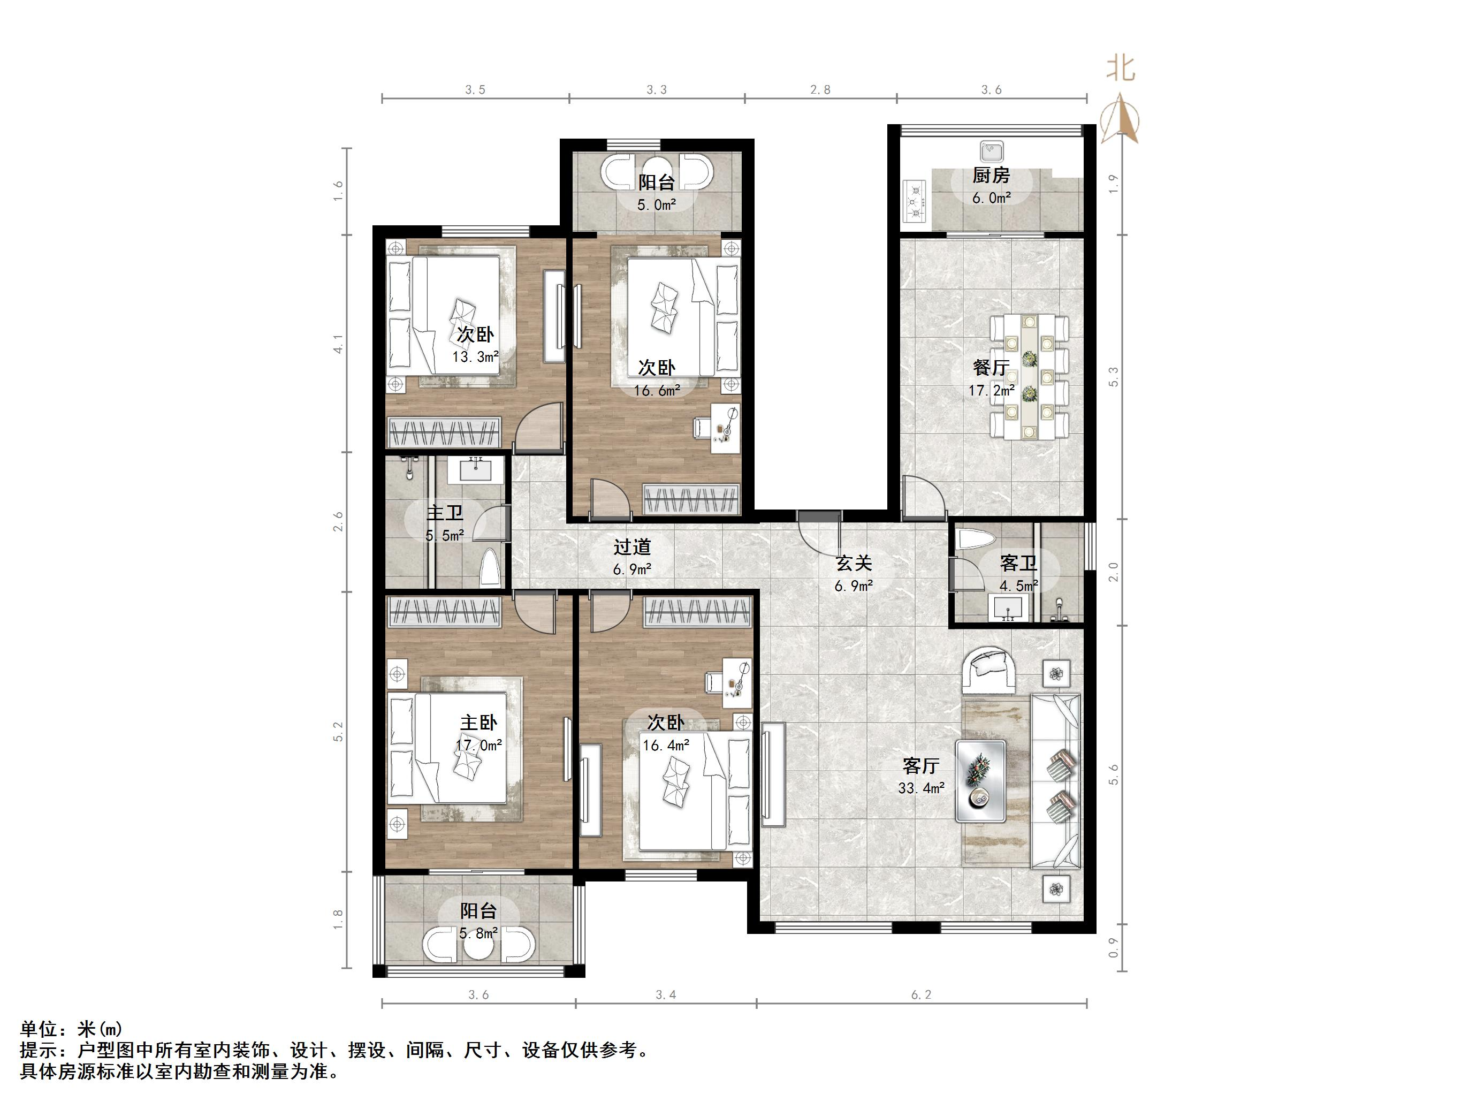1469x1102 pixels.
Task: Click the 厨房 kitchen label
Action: (991, 176)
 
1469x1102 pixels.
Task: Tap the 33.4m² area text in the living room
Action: (921, 788)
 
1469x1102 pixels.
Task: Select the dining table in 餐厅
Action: (1029, 377)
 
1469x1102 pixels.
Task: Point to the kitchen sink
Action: (991, 152)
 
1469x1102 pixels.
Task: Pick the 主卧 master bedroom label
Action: (478, 723)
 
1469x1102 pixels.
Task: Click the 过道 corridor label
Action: (631, 548)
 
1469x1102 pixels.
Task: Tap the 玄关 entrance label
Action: (854, 563)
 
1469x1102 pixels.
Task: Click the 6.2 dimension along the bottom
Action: (921, 994)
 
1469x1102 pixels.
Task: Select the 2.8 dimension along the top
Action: (820, 90)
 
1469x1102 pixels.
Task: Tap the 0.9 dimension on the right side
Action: (1114, 948)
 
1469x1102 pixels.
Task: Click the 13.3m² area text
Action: (476, 356)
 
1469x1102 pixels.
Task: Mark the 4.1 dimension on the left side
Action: (339, 344)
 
